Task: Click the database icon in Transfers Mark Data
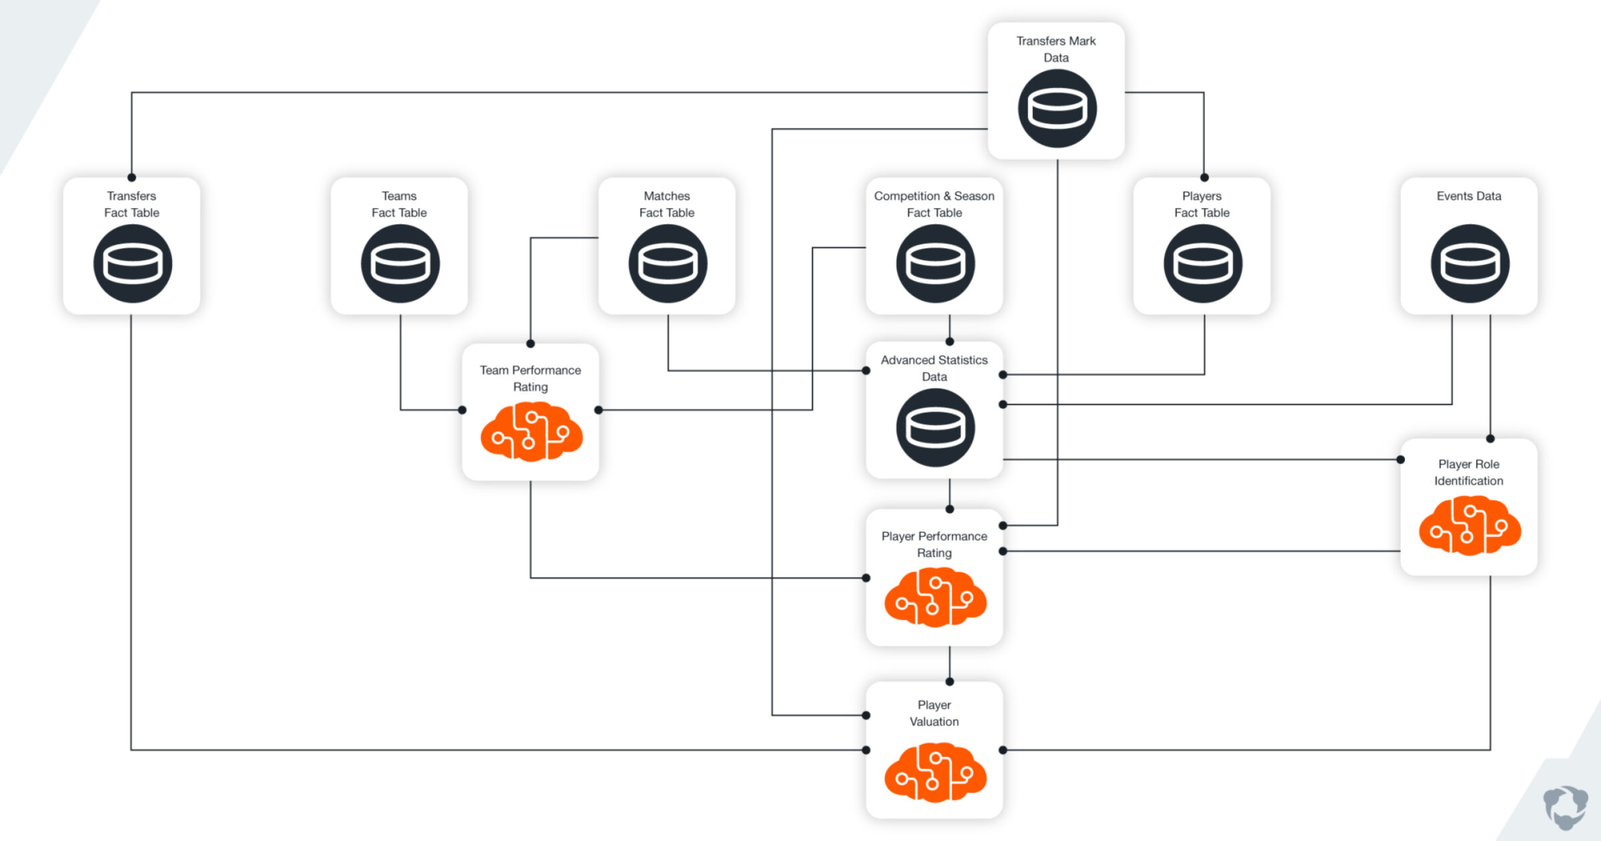(1057, 109)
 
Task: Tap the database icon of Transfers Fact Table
(133, 264)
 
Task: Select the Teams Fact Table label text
(399, 204)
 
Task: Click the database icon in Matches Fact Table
(668, 264)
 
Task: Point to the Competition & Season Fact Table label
(934, 204)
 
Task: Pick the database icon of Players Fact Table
(1203, 264)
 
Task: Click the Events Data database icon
(1470, 264)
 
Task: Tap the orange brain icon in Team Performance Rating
(531, 432)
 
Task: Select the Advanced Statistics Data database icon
(935, 428)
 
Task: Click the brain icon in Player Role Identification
(1470, 526)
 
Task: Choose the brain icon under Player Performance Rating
(935, 597)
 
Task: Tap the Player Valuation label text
(934, 713)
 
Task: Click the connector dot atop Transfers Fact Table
(131, 178)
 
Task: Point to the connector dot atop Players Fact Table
(1204, 178)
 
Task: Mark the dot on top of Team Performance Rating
(530, 344)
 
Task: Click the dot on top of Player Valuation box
(949, 681)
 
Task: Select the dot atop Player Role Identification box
(1490, 439)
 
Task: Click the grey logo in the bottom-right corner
(1565, 807)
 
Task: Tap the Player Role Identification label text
(1468, 472)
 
